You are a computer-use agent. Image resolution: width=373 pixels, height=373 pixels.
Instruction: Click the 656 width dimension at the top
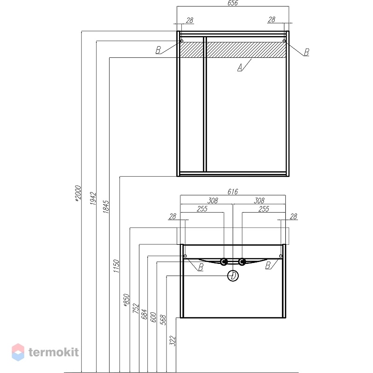(x=232, y=3)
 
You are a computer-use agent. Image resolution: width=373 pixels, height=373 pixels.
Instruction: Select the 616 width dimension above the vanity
(x=232, y=192)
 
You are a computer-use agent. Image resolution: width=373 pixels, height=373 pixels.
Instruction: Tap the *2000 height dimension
(x=78, y=193)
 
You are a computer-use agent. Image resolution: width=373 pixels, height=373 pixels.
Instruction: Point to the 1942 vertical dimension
(x=93, y=199)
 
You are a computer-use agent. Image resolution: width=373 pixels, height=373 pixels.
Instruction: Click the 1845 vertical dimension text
(x=106, y=207)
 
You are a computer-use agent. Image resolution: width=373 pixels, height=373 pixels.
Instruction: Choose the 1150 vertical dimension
(x=116, y=266)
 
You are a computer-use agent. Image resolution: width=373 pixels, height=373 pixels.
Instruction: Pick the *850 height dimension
(x=126, y=300)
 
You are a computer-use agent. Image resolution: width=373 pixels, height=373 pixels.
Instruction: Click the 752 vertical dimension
(x=136, y=308)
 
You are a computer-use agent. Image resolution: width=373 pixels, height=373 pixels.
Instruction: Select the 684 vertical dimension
(x=145, y=314)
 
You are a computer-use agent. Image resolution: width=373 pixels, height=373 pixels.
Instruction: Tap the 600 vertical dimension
(x=153, y=317)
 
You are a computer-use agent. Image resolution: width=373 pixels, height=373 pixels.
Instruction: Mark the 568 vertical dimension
(x=163, y=320)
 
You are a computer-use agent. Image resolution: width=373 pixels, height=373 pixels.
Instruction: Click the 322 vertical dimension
(x=173, y=341)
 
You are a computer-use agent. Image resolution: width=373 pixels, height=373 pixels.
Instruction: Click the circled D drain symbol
(x=233, y=276)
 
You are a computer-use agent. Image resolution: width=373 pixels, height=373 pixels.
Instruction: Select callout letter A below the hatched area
(x=240, y=68)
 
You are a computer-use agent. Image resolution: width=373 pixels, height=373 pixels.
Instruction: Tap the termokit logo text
(x=54, y=352)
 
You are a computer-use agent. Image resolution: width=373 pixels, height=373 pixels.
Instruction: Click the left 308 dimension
(x=213, y=200)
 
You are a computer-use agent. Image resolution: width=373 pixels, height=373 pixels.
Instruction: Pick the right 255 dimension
(x=263, y=209)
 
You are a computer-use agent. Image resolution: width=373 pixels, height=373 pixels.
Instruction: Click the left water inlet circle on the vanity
(x=224, y=262)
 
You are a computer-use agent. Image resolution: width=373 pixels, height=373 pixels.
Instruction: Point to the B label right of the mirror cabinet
(x=306, y=52)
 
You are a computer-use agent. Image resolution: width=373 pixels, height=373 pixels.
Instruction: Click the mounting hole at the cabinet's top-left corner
(x=181, y=41)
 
